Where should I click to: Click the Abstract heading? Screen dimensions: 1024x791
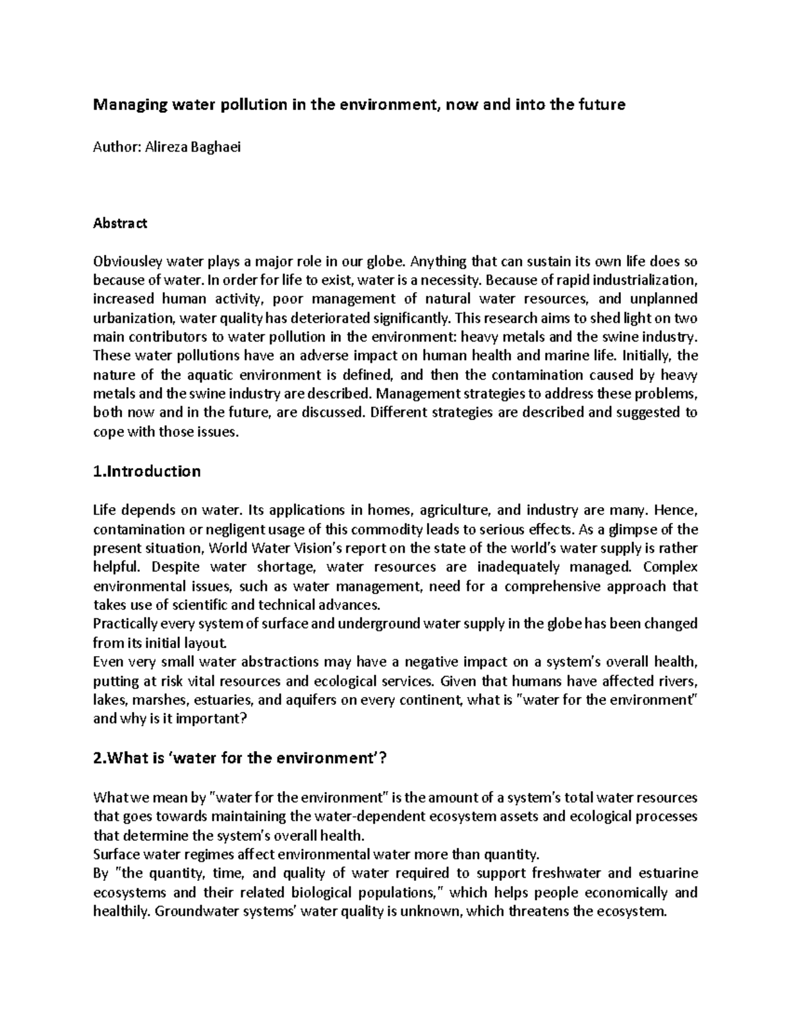coord(121,223)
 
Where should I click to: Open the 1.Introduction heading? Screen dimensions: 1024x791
coord(147,471)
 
